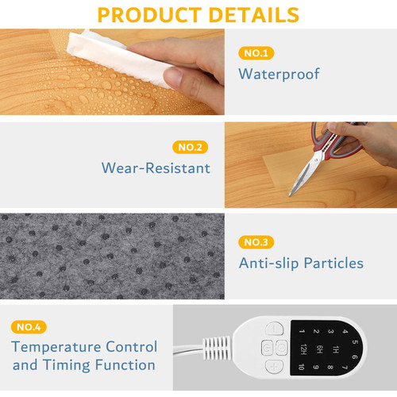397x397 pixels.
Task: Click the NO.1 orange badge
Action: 256,53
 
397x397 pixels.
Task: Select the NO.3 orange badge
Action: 256,241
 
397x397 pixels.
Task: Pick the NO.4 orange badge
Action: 29,326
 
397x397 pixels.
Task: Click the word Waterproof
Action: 279,75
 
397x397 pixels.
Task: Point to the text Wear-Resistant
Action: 156,168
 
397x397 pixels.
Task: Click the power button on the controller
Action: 273,328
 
